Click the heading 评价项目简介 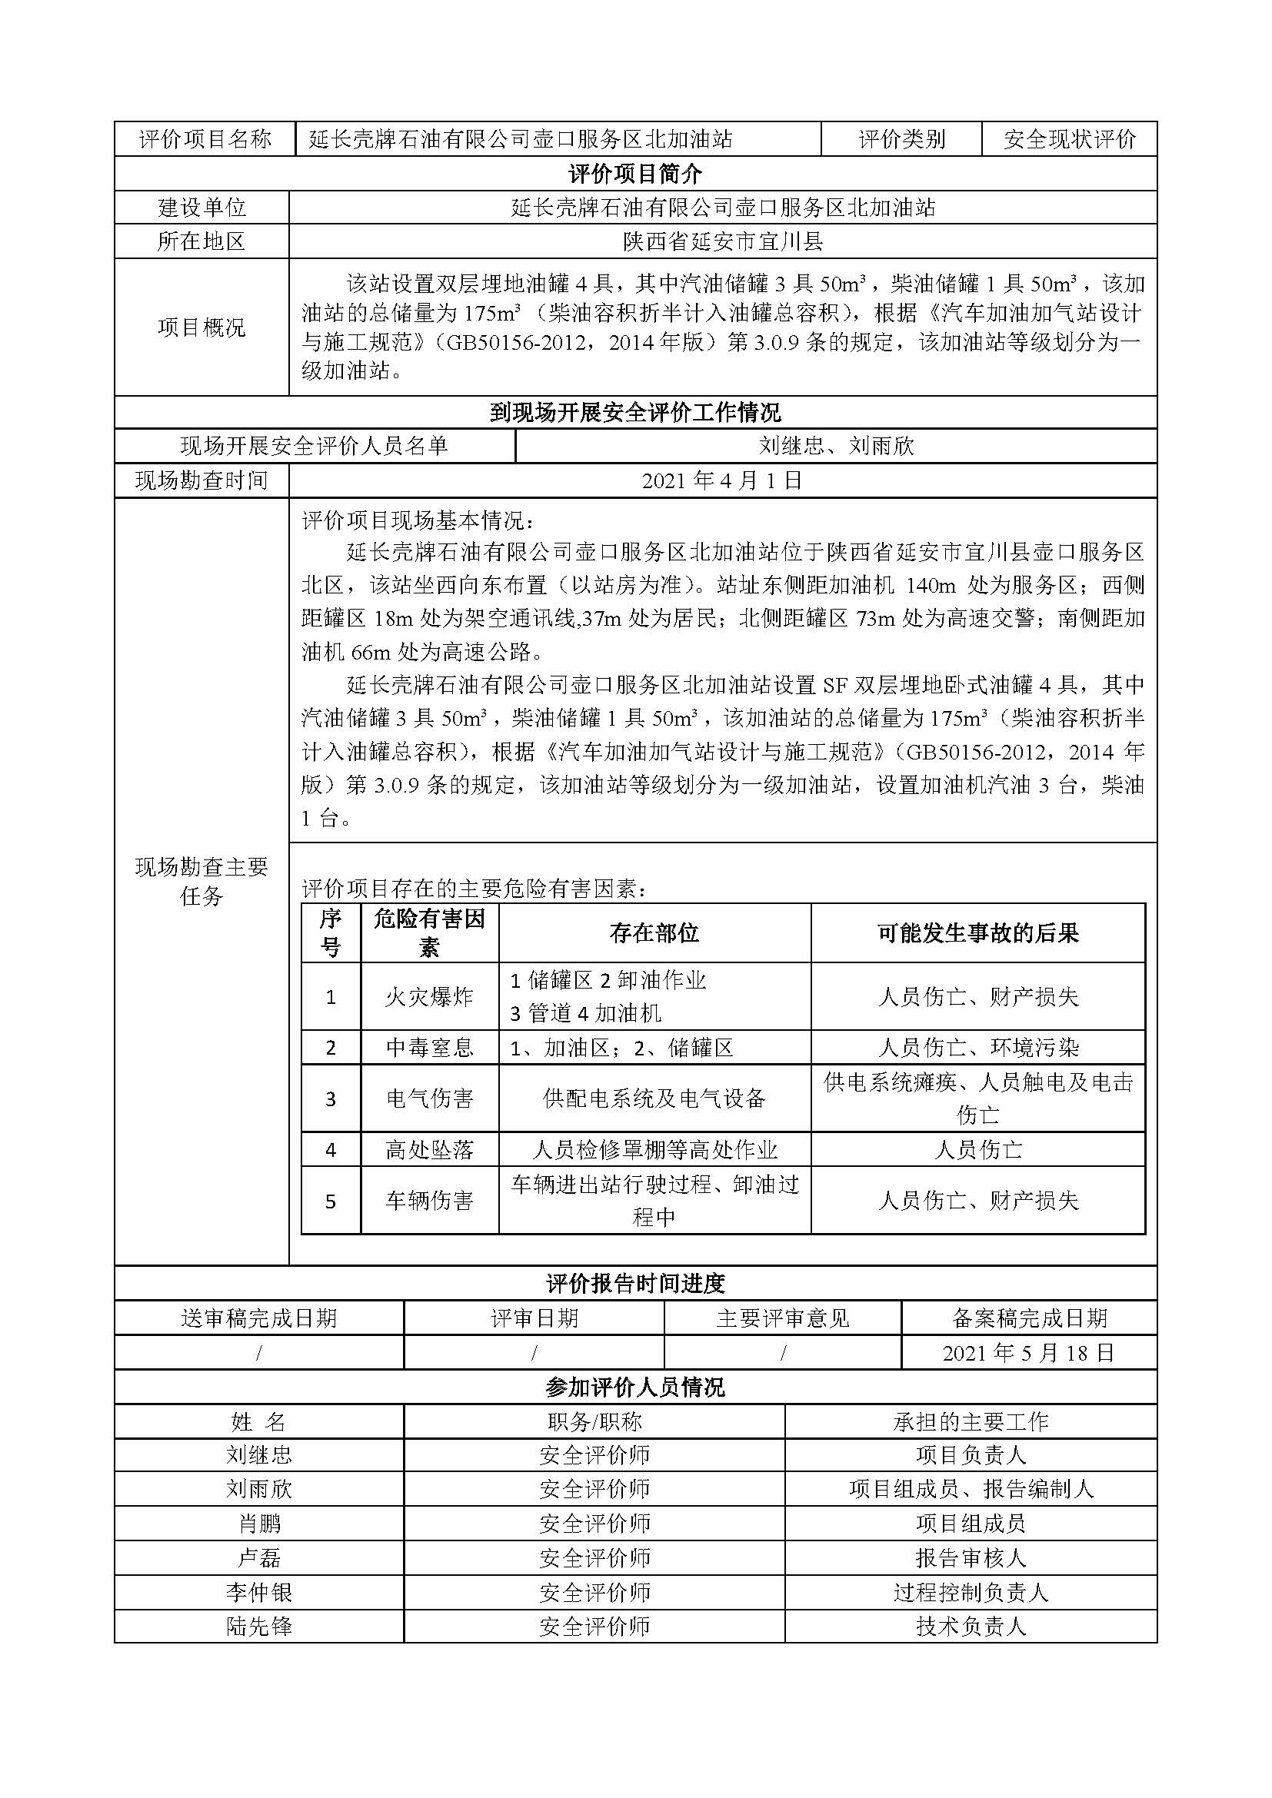(635, 173)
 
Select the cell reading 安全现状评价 (1069, 139)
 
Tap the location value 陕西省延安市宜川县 (723, 241)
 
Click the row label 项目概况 (201, 327)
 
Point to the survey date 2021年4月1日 (723, 480)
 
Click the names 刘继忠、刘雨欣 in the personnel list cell (836, 446)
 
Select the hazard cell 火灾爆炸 (429, 996)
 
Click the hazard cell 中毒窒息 (429, 1047)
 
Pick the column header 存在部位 (654, 932)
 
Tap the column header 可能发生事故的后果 (977, 932)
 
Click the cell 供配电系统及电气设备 (654, 1098)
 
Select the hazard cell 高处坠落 (429, 1148)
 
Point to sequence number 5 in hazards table (331, 1201)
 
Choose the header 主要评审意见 (782, 1318)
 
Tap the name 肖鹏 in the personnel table (259, 1523)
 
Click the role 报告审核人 (971, 1557)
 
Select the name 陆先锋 (259, 1627)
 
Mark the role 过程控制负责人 (971, 1592)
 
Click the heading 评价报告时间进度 (635, 1284)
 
